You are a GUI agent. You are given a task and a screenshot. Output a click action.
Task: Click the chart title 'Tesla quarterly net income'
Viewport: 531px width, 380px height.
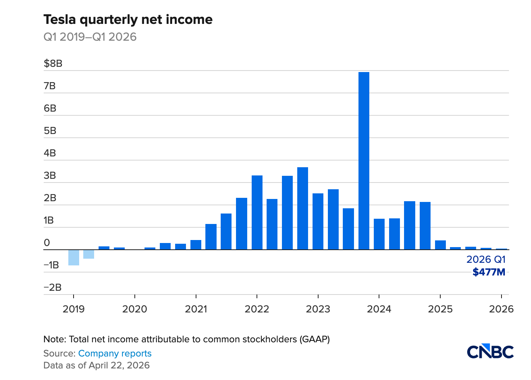(x=128, y=19)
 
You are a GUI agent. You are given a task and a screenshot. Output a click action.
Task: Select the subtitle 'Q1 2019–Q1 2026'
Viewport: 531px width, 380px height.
(x=90, y=37)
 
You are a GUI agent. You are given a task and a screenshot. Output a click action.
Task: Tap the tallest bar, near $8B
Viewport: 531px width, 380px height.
(x=364, y=161)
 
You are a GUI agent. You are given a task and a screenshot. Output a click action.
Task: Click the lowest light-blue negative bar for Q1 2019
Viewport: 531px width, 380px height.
(x=74, y=258)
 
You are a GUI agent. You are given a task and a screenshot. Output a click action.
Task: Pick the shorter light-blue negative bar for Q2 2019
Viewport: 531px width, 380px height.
(x=89, y=254)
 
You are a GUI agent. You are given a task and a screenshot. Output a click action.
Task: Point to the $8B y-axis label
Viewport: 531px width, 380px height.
(x=53, y=63)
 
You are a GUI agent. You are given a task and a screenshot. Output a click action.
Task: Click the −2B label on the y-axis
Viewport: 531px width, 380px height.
(x=52, y=287)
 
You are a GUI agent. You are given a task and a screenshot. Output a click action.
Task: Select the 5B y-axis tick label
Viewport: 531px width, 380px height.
(x=50, y=131)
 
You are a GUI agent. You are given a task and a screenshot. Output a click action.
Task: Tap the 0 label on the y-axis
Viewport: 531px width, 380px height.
(x=47, y=243)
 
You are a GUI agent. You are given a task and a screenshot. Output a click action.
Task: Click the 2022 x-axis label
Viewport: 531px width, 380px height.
(x=257, y=309)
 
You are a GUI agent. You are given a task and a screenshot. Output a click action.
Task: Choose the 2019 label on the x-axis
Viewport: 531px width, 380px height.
(x=74, y=309)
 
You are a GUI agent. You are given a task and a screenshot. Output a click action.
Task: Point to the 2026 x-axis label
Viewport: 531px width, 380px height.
(x=501, y=309)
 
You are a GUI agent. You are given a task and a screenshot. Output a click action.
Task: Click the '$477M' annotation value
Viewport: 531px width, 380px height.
(x=489, y=272)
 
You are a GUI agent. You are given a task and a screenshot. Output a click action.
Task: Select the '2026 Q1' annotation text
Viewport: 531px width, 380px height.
(x=486, y=259)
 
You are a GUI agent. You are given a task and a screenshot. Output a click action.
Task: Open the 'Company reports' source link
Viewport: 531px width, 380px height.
(x=115, y=353)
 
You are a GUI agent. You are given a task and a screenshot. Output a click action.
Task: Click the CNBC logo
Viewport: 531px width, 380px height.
(x=490, y=351)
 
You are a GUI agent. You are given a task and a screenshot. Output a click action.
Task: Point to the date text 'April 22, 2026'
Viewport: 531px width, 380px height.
(x=119, y=365)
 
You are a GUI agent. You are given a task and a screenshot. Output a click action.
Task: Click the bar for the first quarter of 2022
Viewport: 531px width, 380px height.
(x=257, y=212)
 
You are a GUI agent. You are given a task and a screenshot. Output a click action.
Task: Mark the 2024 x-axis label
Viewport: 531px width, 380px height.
(x=379, y=309)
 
